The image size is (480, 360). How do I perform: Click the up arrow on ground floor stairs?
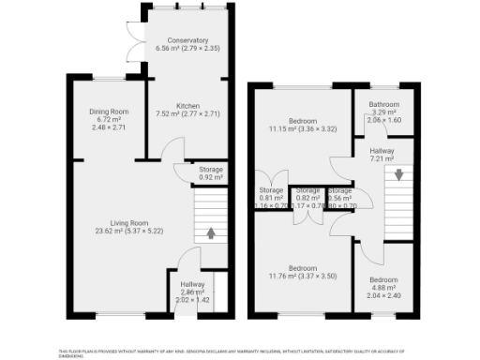pyautogui.click(x=210, y=232)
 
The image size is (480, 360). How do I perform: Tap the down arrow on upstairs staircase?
pyautogui.click(x=398, y=174)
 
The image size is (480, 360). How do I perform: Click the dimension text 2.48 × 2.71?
pyautogui.click(x=109, y=127)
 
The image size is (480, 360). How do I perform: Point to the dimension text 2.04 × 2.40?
pyautogui.click(x=383, y=294)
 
